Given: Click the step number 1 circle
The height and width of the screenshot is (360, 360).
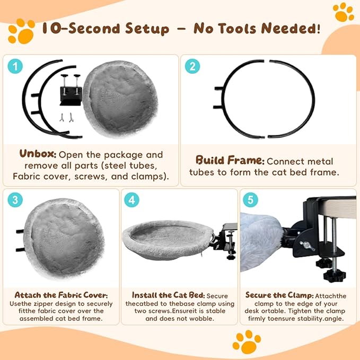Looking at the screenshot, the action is coord(15,66).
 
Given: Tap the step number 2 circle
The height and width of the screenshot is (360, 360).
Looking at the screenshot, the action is coord(192,66).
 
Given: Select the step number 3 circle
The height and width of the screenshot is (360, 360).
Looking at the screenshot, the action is coord(15,200).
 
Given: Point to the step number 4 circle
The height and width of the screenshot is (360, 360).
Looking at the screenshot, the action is coord(131,200).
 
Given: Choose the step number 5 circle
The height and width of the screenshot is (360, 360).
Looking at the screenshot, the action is coord(250,200).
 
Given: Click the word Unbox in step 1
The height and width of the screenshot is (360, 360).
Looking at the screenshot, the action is coord(38,154).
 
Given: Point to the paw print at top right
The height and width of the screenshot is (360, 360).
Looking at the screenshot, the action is coord(343,12).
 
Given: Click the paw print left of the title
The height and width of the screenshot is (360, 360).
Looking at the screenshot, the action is coord(21,31).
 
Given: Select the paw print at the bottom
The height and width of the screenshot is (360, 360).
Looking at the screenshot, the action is coord(247,342).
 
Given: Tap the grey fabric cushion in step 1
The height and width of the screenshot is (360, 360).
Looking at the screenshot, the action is coord(120,99).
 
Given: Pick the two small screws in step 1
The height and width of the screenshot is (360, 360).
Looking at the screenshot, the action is coord(66,117).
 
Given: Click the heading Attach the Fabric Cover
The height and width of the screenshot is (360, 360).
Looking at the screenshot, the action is coord(61,295).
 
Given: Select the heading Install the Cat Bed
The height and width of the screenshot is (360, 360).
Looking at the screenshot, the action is coord(168,295).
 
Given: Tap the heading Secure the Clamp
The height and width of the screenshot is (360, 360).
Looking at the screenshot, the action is coord(279,295).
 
